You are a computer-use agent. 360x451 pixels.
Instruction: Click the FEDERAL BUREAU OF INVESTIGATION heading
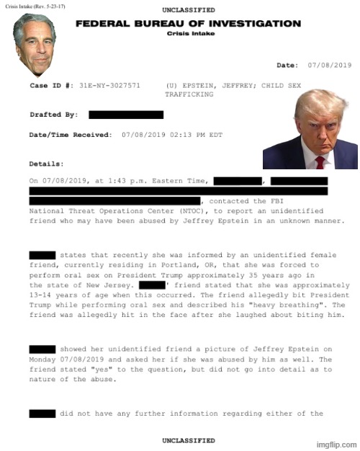tap(188, 23)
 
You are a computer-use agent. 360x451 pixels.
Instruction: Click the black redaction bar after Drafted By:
tap(126, 115)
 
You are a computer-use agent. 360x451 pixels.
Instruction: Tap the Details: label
tap(46, 164)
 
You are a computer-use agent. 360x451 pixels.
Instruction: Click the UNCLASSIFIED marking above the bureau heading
tap(188, 10)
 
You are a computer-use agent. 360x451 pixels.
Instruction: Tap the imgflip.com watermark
tap(335, 444)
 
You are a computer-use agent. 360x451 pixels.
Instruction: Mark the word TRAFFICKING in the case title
tap(189, 94)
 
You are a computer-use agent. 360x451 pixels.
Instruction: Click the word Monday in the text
tap(45, 359)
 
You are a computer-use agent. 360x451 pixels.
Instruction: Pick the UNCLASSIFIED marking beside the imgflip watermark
tap(188, 439)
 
